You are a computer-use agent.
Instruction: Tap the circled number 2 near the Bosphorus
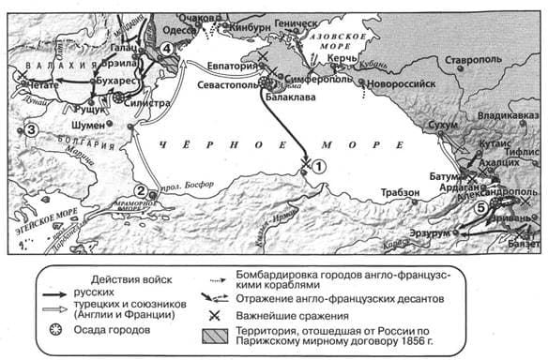point(140,191)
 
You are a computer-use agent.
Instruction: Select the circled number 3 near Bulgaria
point(31,129)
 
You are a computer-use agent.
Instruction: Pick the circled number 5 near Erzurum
point(480,207)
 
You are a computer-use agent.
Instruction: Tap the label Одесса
point(181,30)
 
